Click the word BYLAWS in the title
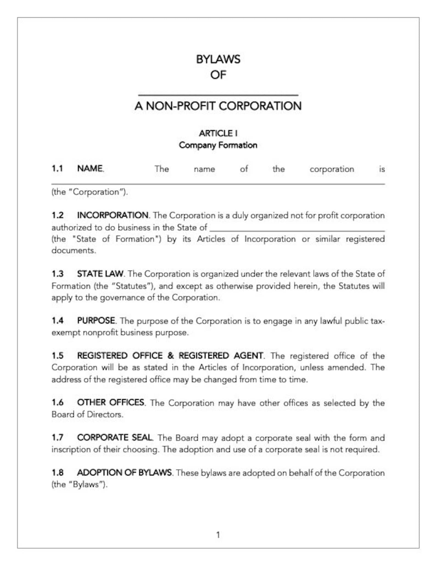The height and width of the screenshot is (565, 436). [x=218, y=59]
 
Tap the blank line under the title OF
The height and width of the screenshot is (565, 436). [x=218, y=95]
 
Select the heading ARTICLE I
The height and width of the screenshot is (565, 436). [x=218, y=133]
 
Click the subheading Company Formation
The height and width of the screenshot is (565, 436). [x=218, y=145]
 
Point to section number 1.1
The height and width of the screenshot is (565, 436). [x=57, y=168]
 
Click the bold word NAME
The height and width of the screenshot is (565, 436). [x=90, y=168]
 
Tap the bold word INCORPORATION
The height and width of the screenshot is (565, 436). [x=113, y=215]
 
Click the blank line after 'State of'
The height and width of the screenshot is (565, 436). [x=297, y=230]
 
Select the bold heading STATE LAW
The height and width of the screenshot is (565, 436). [x=100, y=274]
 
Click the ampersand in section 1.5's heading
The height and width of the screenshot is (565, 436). [x=171, y=355]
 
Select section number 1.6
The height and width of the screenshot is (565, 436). [x=57, y=403]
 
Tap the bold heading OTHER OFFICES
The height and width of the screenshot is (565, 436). [x=111, y=403]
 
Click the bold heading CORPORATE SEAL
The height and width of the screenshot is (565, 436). [x=114, y=437]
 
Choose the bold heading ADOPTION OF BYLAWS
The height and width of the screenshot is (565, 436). [x=124, y=473]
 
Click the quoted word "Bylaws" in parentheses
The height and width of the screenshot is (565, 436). [x=85, y=484]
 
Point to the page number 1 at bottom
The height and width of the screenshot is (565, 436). [x=218, y=535]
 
